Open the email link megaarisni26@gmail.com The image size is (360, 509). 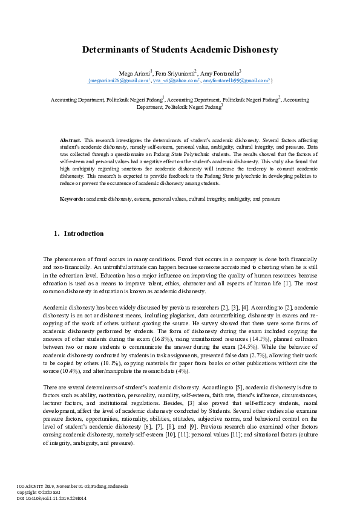coord(119,80)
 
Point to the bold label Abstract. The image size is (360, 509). coord(71,140)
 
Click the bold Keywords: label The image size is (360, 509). coord(72,198)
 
